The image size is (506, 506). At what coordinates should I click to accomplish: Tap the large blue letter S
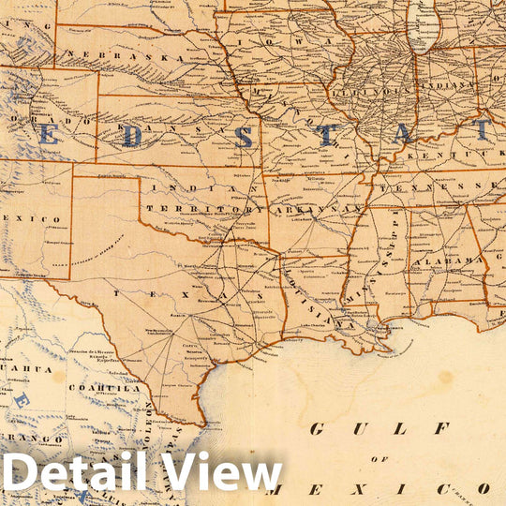[x=243, y=137]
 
